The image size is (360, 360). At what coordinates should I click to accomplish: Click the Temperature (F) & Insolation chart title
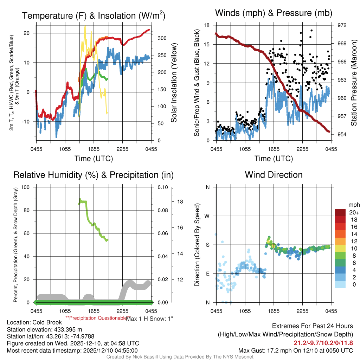[94, 15]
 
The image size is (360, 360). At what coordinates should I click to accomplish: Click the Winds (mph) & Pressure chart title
[274, 13]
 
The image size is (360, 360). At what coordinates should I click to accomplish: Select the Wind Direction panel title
[274, 175]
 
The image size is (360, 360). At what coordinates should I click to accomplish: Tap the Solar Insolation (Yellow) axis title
[174, 83]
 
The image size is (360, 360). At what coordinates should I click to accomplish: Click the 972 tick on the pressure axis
[342, 25]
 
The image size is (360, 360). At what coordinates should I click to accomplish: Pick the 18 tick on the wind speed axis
[207, 25]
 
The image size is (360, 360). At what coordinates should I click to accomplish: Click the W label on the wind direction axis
[207, 216]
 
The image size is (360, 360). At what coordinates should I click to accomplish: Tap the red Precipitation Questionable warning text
[97, 317]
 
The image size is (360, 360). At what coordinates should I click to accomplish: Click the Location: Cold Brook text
[34, 322]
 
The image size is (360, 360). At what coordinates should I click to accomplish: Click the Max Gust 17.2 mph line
[295, 350]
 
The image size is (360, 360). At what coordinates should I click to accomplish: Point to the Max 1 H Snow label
[149, 319]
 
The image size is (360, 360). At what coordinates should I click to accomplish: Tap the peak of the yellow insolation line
[85, 26]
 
